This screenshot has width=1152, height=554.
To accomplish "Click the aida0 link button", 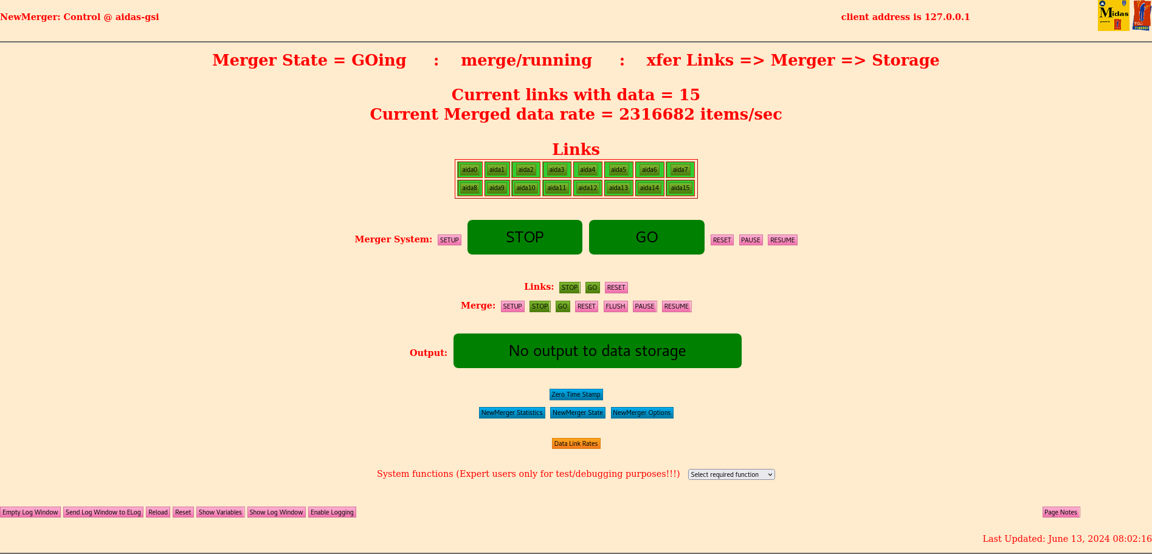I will click(x=469, y=170).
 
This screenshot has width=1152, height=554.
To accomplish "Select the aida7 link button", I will click(x=680, y=170).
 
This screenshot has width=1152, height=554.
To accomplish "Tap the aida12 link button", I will click(x=587, y=188).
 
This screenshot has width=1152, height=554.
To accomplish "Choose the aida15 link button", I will click(x=680, y=188).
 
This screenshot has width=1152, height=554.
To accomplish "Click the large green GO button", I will click(x=646, y=237).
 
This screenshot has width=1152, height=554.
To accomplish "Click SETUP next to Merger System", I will click(x=449, y=240).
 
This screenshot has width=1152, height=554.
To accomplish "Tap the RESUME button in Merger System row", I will click(x=782, y=240).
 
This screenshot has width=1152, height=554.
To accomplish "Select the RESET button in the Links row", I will click(x=616, y=287).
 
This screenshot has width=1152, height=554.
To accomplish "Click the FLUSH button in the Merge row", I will click(x=615, y=306).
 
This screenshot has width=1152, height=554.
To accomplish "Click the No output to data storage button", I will click(x=597, y=351).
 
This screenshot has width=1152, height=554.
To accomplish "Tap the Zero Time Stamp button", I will click(x=576, y=394).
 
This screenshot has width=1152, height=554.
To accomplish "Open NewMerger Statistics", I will click(x=512, y=412).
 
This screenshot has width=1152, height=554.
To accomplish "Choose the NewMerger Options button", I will click(x=641, y=412).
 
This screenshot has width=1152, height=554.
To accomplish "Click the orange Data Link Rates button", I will click(x=576, y=443).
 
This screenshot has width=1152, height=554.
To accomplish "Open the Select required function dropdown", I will click(x=731, y=474).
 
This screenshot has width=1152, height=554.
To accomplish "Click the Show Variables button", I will click(x=220, y=512).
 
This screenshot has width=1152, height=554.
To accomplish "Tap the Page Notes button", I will click(x=1060, y=512).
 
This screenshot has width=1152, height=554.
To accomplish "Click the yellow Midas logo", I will click(x=1113, y=15).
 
